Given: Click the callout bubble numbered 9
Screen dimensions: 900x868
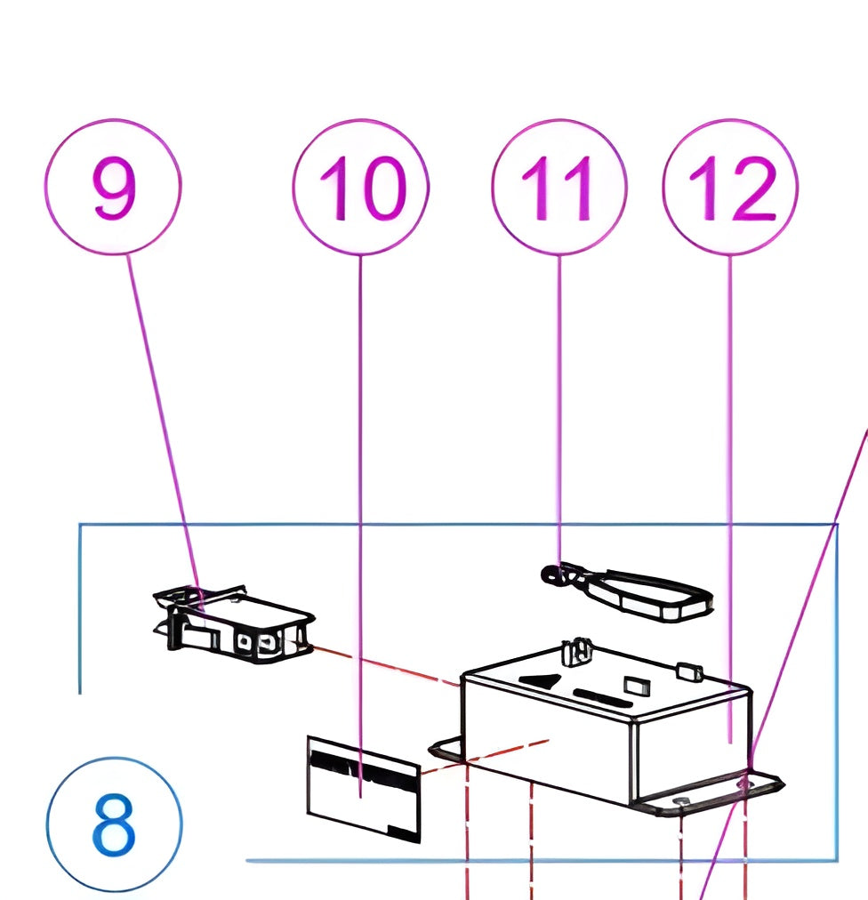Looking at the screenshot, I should [x=113, y=187].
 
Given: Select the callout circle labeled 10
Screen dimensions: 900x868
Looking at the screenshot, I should [x=360, y=187].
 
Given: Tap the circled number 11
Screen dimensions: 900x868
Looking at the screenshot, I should [x=559, y=187].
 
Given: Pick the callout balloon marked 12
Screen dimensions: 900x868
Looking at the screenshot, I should [x=730, y=187].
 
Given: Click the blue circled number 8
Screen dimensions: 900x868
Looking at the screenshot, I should [x=113, y=824].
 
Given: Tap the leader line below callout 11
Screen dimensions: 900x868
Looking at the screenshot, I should [x=559, y=400].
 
